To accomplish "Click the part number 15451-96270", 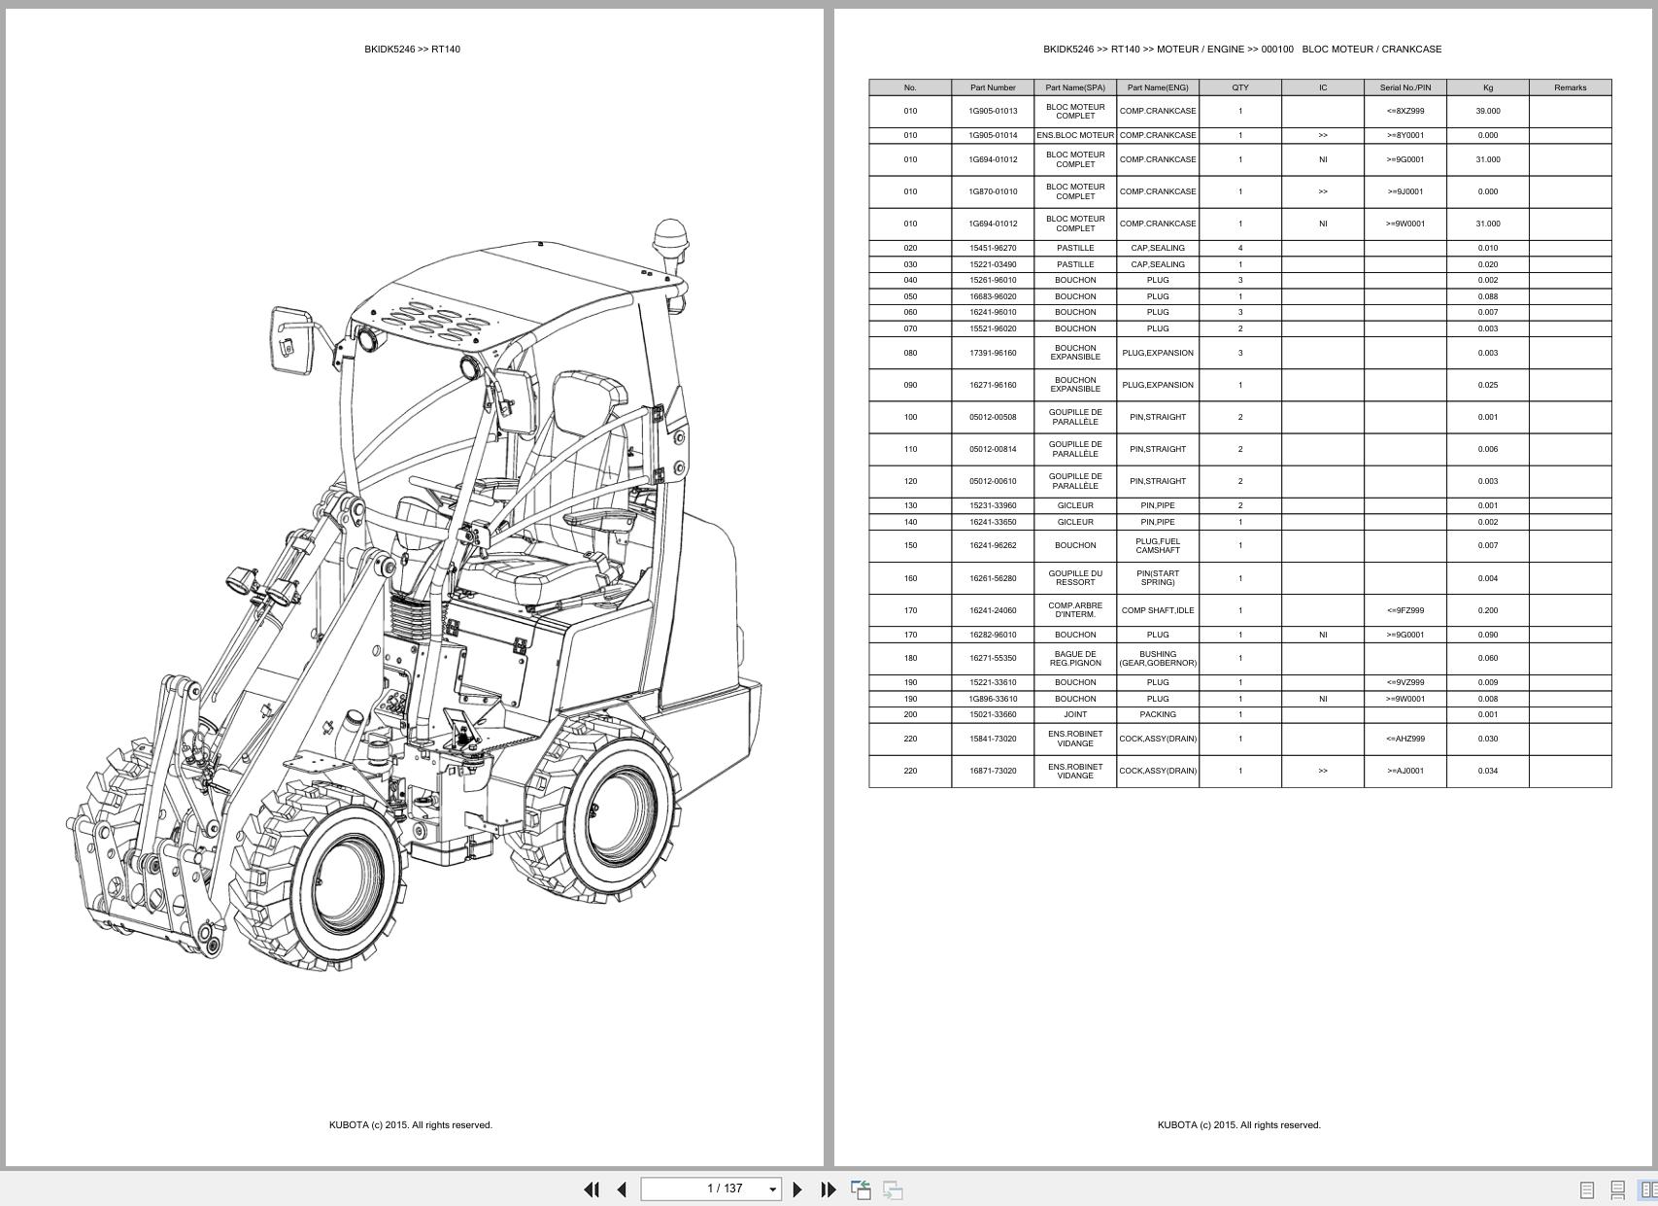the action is point(993,248).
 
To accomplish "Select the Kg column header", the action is point(1488,87).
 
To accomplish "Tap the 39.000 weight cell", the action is point(1488,111).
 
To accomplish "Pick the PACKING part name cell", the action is point(1158,715).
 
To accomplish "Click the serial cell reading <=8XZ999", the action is point(1404,111).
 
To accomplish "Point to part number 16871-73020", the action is point(993,772).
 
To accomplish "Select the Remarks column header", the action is point(1570,87).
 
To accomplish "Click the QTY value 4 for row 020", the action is point(1240,248).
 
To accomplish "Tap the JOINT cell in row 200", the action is point(1075,715).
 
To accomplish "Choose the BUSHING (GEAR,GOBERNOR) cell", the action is point(1158,659).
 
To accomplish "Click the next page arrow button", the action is point(797,1189).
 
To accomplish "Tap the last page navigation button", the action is point(829,1189).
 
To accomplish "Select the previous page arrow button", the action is point(622,1189).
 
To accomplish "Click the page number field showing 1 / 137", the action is point(711,1189).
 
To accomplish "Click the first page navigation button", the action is point(592,1189).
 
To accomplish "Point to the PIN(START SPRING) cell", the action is point(1158,578).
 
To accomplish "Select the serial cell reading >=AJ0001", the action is point(1404,772).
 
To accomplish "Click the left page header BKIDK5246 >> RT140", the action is point(412,50).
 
